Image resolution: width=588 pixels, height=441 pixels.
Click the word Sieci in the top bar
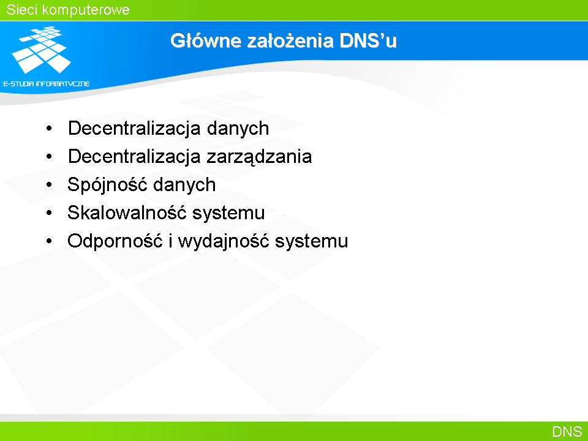pos(21,10)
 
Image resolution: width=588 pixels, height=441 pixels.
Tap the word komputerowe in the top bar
pos(86,10)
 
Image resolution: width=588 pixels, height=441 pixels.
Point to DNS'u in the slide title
pos(368,40)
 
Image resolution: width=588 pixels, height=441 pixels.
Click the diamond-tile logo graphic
pos(42,50)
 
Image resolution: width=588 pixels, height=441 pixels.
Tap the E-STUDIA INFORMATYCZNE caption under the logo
pos(47,84)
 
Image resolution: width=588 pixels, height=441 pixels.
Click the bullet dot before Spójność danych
pos(49,185)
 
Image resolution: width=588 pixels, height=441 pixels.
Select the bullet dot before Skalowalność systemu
pos(49,213)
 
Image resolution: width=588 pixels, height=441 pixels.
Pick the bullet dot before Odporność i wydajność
pos(49,241)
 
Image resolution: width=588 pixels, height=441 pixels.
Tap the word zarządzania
pos(259,157)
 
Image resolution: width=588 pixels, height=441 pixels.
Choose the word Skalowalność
pos(127,213)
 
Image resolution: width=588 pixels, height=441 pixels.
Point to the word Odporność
pos(115,241)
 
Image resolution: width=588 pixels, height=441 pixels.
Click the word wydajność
pos(224,241)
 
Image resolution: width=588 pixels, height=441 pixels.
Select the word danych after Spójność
pos(184,185)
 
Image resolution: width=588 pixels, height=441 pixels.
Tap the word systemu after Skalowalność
pos(228,213)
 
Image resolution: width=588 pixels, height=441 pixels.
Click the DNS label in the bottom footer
pos(567,432)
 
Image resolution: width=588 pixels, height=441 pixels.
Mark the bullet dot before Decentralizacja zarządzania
pos(49,157)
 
